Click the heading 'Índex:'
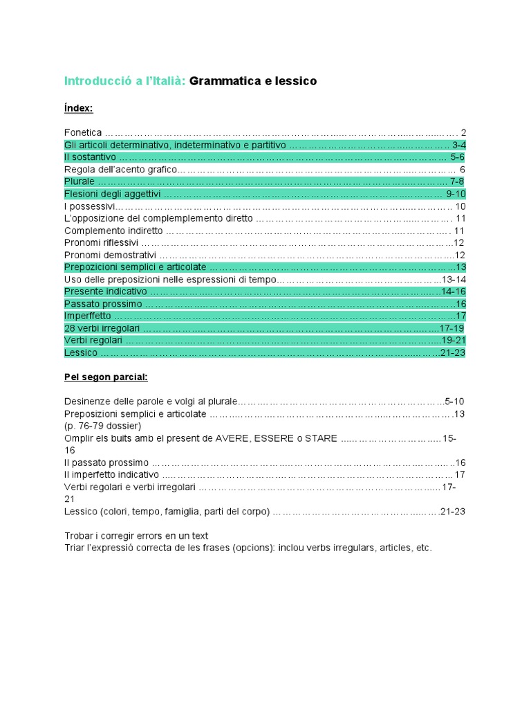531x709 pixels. coord(78,109)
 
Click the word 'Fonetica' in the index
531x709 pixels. coord(83,132)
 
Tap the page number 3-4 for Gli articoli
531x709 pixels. coord(459,145)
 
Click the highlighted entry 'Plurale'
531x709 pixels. coord(80,181)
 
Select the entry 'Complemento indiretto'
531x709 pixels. coord(113,231)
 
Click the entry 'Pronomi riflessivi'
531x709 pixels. coord(102,243)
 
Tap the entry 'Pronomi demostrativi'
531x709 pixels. coord(109,255)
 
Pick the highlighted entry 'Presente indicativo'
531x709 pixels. coord(105,291)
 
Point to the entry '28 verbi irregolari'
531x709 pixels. coord(102,328)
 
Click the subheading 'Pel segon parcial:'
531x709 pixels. coord(106,377)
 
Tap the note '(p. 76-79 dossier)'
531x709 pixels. coord(102,426)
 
